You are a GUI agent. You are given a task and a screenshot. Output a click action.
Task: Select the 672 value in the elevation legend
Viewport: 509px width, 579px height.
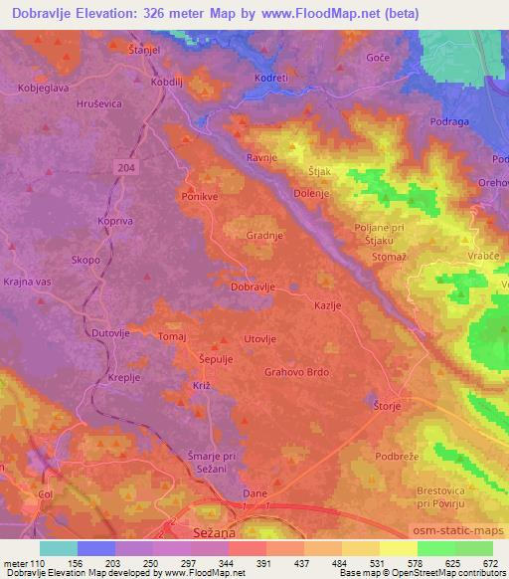pyautogui.click(x=489, y=562)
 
